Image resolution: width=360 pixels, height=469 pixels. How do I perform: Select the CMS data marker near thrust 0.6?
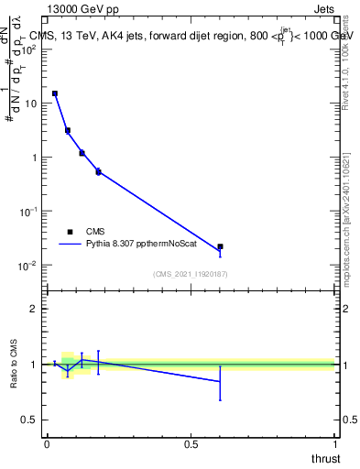[220, 246]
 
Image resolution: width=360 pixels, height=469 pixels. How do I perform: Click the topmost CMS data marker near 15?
[55, 93]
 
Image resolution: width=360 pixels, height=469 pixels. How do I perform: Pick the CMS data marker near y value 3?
[68, 130]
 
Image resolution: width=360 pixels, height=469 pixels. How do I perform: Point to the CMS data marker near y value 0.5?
[98, 171]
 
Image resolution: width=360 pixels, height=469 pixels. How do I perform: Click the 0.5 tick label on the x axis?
[191, 443]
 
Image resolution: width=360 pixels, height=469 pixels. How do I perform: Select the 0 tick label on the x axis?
[47, 443]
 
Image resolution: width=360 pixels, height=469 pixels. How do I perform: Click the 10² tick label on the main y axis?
[29, 49]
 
